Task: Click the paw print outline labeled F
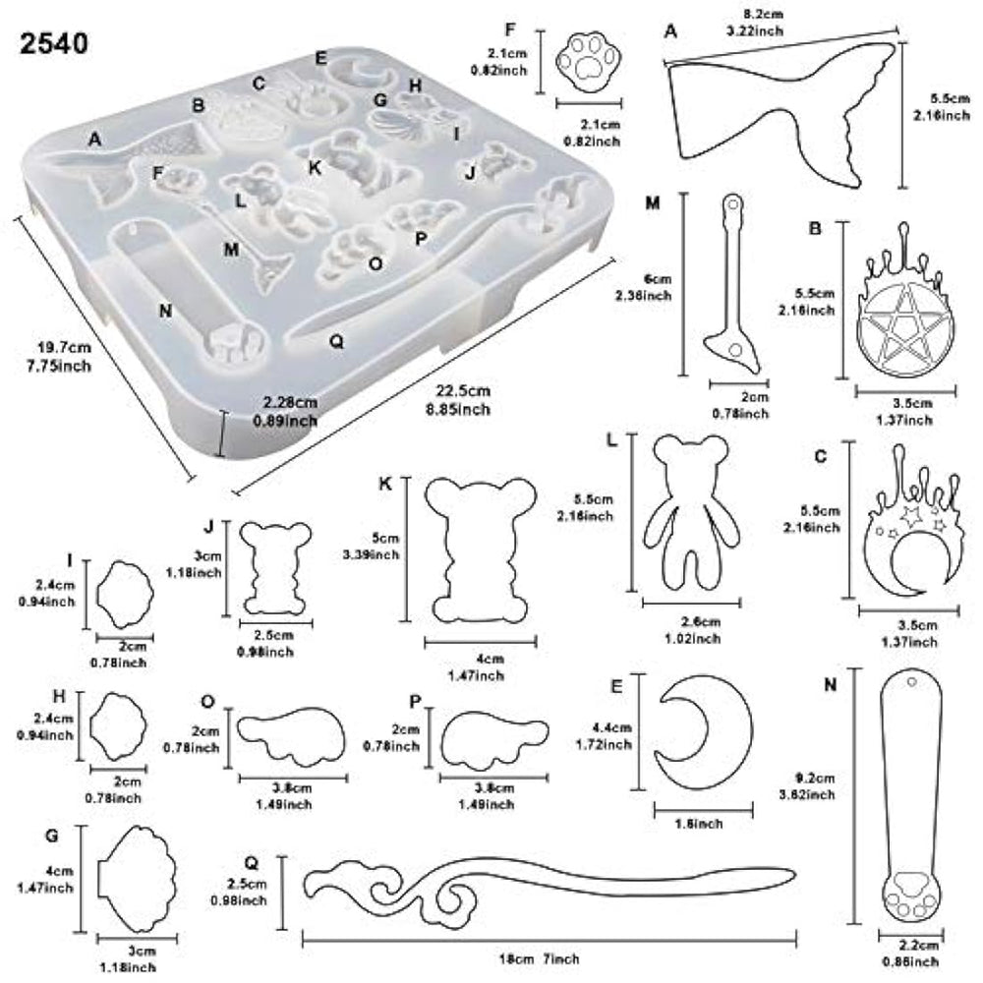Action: tap(589, 61)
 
